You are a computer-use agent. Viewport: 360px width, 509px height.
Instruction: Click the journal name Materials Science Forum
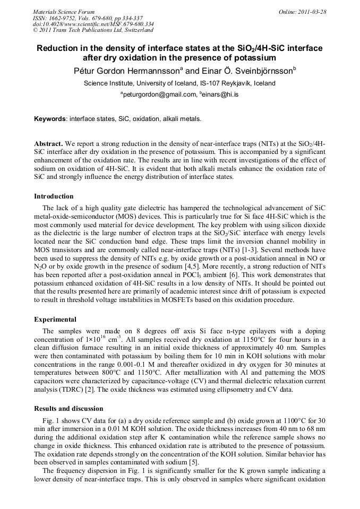click(64, 12)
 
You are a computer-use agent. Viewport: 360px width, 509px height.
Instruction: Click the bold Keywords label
click(50, 119)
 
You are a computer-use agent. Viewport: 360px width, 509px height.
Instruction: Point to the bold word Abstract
click(48, 144)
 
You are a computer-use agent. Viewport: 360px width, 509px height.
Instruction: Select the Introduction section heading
click(54, 196)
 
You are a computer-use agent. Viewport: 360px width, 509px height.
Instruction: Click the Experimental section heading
click(55, 320)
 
